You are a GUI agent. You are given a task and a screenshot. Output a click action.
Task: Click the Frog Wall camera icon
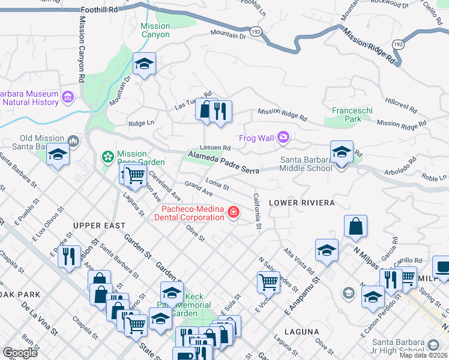pos(283,138)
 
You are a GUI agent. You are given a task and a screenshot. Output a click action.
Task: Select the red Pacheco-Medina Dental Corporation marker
pos(232,212)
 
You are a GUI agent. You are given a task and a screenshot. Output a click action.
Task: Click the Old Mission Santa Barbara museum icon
pos(73,142)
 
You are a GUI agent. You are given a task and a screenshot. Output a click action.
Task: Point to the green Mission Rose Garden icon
pos(108,157)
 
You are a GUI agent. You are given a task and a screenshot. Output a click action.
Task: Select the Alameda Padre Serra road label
pos(223,163)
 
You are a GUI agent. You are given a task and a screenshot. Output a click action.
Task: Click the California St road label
pos(257,211)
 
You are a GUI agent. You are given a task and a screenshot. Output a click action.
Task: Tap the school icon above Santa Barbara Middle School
pos(342,151)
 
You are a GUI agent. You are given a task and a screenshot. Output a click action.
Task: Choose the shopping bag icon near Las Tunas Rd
pos(206,110)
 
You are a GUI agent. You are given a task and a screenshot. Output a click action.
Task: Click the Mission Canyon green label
pos(155,30)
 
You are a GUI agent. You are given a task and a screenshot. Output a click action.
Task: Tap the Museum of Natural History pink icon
pos(68,97)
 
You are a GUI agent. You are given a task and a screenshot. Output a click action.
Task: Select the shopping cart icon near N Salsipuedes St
pos(268,281)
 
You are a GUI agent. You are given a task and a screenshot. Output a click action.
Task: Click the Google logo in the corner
pos(20,353)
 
